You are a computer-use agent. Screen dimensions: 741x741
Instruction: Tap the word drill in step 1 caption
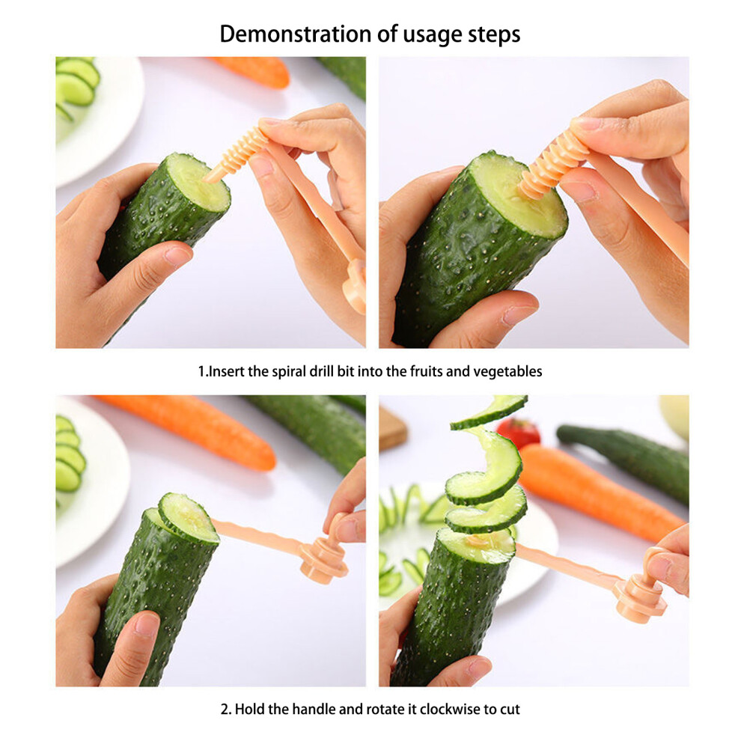tap(321, 371)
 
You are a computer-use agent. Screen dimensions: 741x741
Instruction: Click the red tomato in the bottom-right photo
tap(519, 431)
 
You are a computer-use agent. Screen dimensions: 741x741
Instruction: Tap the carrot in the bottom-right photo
tap(600, 492)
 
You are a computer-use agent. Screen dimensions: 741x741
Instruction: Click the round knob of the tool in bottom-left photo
tap(324, 560)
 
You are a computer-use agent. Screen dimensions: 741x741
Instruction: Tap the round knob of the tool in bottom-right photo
tap(641, 599)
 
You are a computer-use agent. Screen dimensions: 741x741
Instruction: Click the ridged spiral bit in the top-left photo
tap(239, 151)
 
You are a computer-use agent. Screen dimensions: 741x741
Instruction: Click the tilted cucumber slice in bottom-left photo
tap(188, 517)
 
